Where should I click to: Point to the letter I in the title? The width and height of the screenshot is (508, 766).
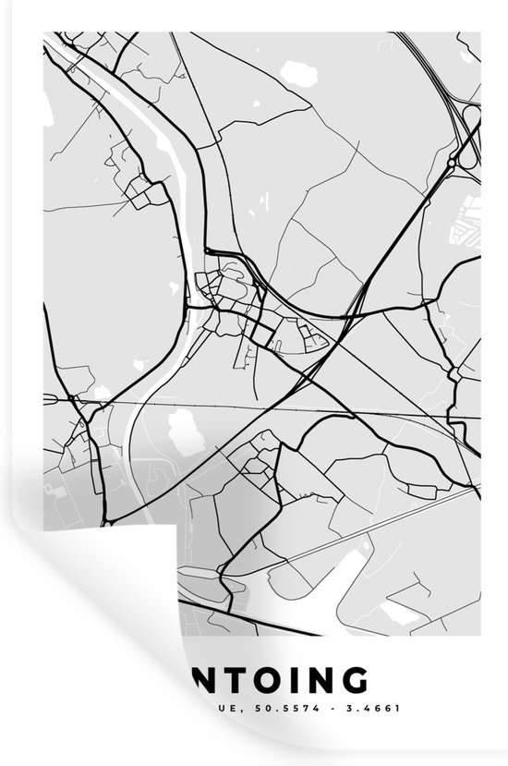tap(297, 680)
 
